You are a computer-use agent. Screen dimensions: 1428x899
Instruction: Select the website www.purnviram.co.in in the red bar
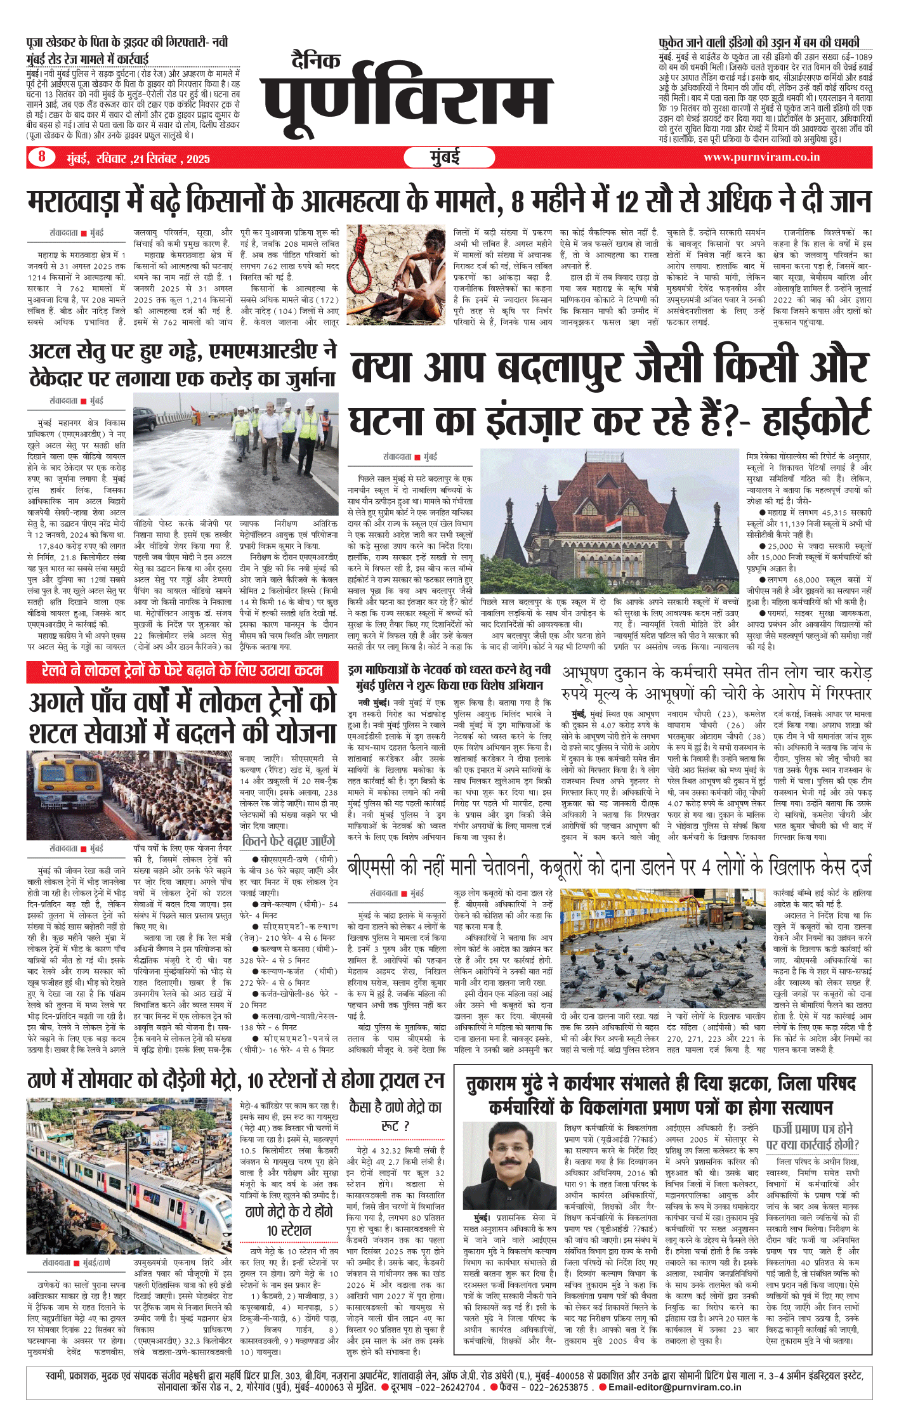[x=761, y=157]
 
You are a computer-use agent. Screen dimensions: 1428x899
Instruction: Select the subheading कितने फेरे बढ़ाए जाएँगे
[x=289, y=841]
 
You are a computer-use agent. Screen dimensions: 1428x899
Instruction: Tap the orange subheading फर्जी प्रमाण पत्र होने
[x=813, y=1129]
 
